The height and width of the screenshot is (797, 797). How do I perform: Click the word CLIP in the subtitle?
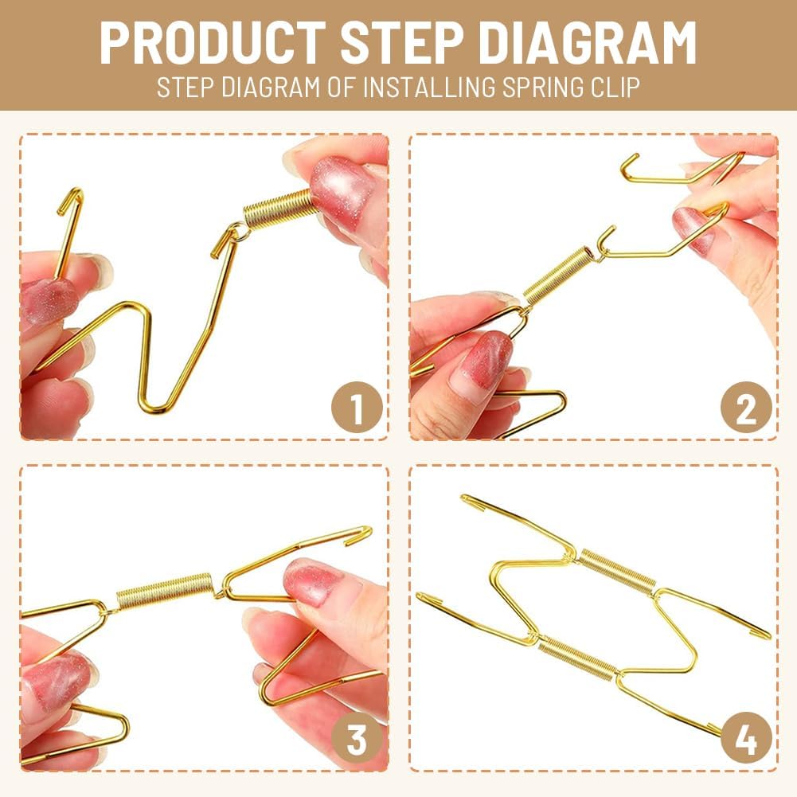click(x=614, y=86)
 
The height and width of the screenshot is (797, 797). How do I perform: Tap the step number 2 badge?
click(x=746, y=410)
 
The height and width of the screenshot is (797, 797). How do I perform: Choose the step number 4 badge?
click(x=746, y=740)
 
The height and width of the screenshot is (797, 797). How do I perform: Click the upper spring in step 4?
click(x=616, y=571)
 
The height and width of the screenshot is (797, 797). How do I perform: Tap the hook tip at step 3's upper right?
click(x=364, y=533)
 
